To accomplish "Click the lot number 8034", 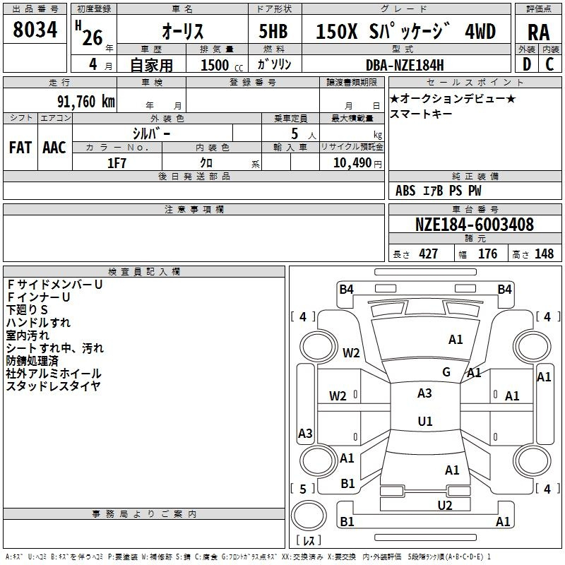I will [x=35, y=30].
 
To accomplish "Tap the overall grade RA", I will [x=538, y=32].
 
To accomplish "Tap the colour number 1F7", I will [x=117, y=163].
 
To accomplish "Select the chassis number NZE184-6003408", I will [x=475, y=225].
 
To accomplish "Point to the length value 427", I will [x=428, y=254].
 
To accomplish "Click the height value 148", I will [x=544, y=254].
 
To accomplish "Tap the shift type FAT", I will [x=20, y=148].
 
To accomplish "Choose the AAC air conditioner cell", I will [x=54, y=148].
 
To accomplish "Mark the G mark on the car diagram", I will [x=446, y=372].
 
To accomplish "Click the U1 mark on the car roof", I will [x=424, y=422].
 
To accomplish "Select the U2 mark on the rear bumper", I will [x=444, y=505].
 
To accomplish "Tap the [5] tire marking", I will [x=303, y=489].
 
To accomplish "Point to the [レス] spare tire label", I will [x=309, y=541].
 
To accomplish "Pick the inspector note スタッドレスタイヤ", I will [x=53, y=386].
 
